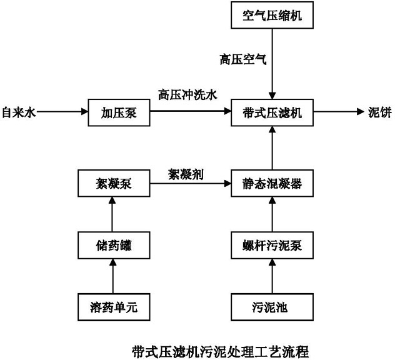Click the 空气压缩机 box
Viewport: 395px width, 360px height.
click(271, 16)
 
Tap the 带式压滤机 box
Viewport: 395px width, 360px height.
click(271, 112)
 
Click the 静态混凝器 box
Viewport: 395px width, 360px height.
click(271, 184)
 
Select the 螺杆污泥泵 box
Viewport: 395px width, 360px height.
click(271, 245)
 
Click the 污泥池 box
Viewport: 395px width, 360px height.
click(271, 306)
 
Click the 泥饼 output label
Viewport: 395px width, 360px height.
click(377, 113)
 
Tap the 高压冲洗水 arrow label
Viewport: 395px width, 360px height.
click(187, 95)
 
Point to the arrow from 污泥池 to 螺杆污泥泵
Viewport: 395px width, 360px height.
click(271, 276)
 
